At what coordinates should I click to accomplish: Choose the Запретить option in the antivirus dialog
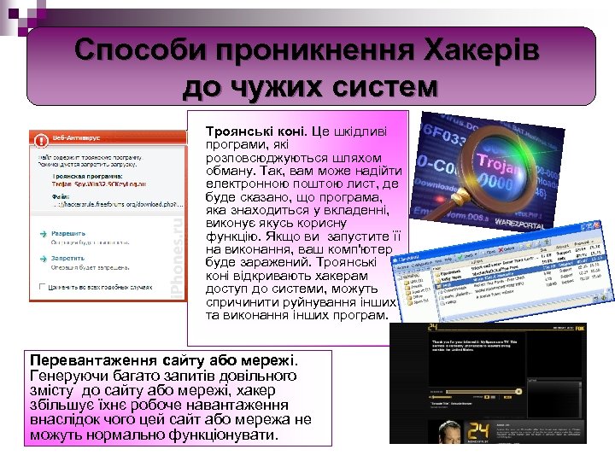[x=73, y=255]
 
